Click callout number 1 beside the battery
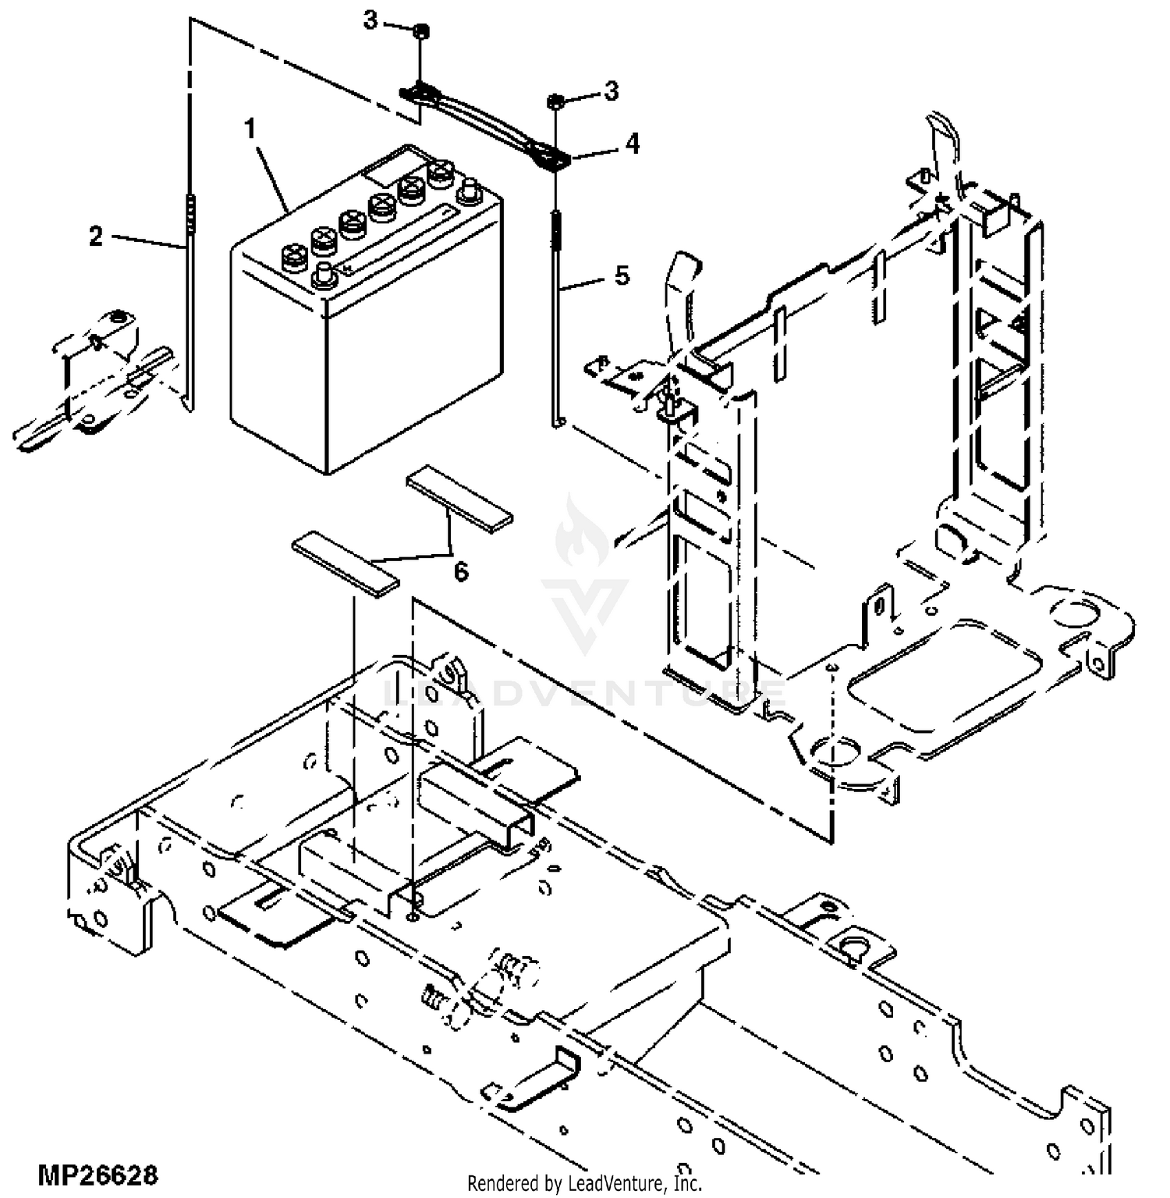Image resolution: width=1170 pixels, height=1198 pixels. click(250, 128)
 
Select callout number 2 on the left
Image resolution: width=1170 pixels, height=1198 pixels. click(96, 236)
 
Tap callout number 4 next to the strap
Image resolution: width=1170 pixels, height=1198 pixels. click(632, 144)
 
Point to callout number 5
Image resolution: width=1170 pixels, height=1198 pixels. click(622, 276)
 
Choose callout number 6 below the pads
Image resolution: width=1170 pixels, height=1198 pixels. click(462, 572)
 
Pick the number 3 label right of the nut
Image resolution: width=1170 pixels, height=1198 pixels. click(612, 91)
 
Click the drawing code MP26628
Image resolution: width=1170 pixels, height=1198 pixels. click(97, 1175)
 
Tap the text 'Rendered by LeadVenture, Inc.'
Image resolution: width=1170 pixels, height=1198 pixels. click(585, 1183)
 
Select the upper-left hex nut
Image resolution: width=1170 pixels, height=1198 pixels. click(419, 31)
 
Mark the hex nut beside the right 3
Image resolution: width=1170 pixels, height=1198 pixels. click(556, 101)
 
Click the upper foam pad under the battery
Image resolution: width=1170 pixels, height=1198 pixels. click(459, 499)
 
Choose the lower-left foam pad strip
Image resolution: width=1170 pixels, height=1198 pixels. click(345, 564)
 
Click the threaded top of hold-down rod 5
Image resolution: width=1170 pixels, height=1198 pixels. click(556, 226)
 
